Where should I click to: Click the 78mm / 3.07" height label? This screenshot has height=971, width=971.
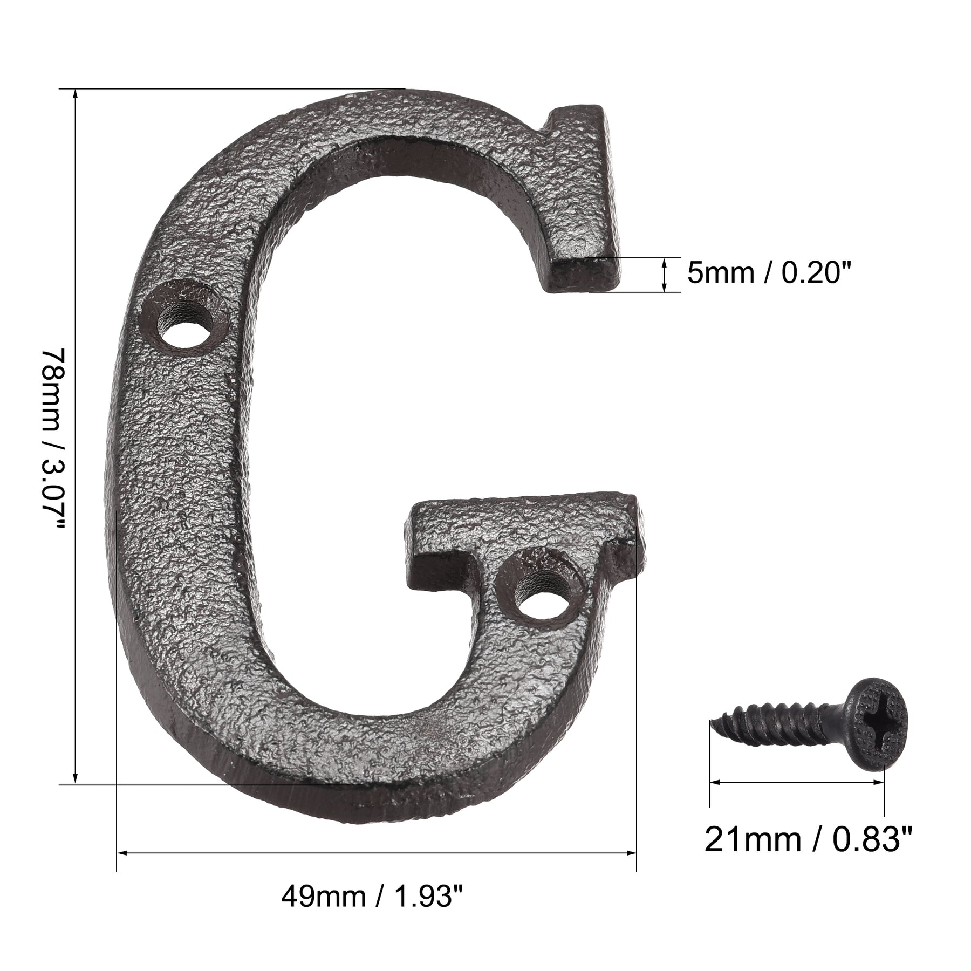click(53, 439)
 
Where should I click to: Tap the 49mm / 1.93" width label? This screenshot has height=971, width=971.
click(372, 897)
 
